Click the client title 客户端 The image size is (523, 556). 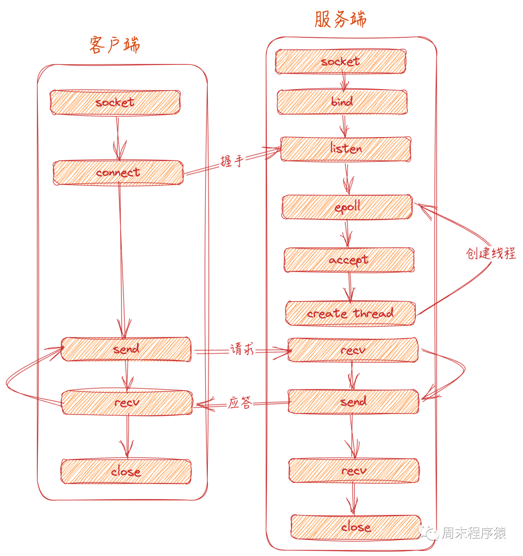click(x=115, y=45)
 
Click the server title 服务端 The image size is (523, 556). click(x=340, y=19)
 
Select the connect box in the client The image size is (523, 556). click(x=118, y=173)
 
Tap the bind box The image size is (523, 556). click(x=342, y=102)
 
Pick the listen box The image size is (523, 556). click(x=346, y=149)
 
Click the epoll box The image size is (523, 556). click(x=347, y=207)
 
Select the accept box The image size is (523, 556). click(x=349, y=260)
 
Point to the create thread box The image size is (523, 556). click(x=350, y=313)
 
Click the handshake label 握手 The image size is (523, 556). click(x=231, y=161)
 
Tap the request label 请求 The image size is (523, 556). click(x=242, y=349)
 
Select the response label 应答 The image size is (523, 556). click(x=240, y=403)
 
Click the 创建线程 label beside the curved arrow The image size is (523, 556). click(x=491, y=253)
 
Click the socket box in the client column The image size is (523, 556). click(x=115, y=102)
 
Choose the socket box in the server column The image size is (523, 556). click(x=340, y=62)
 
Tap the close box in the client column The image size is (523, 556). click(x=126, y=471)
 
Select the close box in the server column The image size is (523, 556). click(x=356, y=527)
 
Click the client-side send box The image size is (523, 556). click(x=126, y=349)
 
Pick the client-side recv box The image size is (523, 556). click(x=127, y=402)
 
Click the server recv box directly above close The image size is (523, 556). click(x=354, y=471)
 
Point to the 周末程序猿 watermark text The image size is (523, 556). click(x=473, y=533)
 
